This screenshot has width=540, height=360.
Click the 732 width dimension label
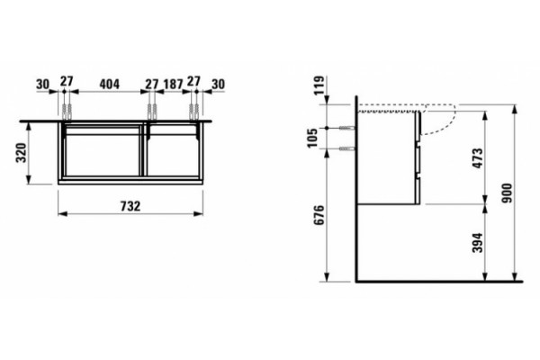tap(130, 206)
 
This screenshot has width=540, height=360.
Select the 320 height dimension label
tap(22, 153)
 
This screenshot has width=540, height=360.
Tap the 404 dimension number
tap(110, 84)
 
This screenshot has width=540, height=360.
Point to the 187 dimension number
tap(173, 84)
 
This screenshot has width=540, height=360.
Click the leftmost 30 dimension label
tap(43, 84)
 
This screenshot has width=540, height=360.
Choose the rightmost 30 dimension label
tap(218, 84)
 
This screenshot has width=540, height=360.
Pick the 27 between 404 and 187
tap(151, 84)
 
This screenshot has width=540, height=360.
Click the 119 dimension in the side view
tap(319, 85)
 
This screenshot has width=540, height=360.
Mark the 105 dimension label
tap(313, 138)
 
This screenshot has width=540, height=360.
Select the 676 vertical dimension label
tap(319, 215)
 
